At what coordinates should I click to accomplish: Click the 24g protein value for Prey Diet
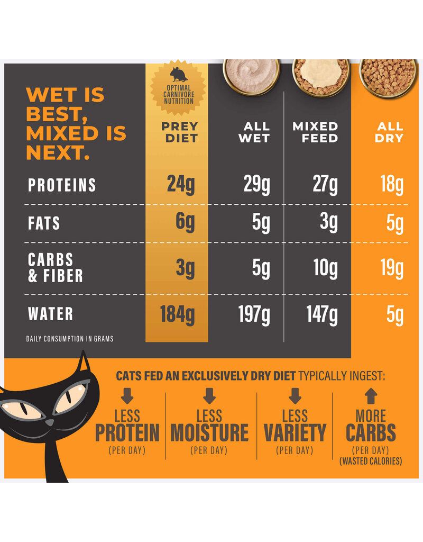click(x=181, y=185)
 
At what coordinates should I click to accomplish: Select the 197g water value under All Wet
click(x=254, y=315)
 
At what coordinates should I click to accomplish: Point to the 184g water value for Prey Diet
click(x=177, y=315)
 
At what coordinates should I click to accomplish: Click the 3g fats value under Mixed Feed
click(x=328, y=222)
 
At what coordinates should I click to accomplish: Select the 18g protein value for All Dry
click(x=391, y=185)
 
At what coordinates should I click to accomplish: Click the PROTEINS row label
click(x=62, y=185)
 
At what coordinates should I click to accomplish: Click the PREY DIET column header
click(x=179, y=132)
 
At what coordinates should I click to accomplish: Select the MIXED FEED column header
click(x=315, y=132)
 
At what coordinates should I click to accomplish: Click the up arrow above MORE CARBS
click(x=371, y=396)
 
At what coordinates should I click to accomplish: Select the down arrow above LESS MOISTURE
click(x=209, y=396)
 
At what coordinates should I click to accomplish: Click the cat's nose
click(x=49, y=422)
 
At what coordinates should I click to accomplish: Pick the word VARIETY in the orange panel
click(x=295, y=433)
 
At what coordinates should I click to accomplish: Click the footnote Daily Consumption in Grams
click(x=69, y=339)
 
